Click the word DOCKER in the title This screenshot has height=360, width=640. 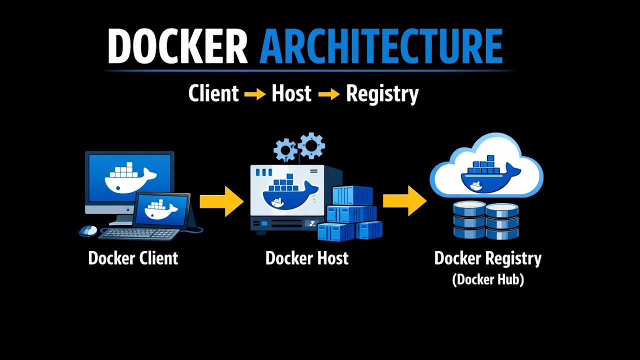177,46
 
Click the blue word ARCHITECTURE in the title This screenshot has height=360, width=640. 380,46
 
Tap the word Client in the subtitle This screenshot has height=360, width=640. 213,94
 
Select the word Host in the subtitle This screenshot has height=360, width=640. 291,94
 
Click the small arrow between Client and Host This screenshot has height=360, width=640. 255,94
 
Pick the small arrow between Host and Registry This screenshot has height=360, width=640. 328,94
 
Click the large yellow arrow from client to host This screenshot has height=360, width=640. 221,201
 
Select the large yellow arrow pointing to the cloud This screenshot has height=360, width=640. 404,201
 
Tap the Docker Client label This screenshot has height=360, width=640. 133,258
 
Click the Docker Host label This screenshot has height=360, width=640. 306,258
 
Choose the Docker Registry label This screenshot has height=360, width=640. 487,258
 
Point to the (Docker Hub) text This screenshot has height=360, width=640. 487,279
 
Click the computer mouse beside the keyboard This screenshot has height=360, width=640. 88,230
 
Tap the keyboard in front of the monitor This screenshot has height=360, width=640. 138,233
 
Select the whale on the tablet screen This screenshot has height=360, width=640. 160,210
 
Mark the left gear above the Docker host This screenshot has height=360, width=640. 285,149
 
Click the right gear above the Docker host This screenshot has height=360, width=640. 311,145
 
